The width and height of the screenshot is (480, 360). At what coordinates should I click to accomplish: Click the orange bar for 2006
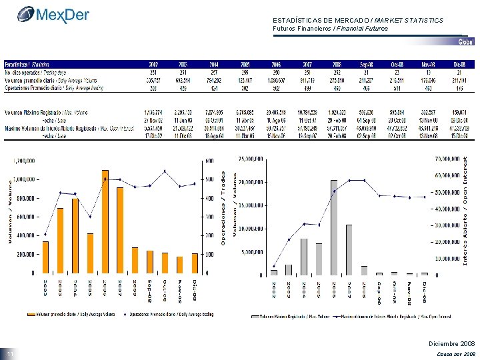click(x=105, y=221)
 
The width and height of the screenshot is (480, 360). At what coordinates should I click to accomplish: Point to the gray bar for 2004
click(x=303, y=257)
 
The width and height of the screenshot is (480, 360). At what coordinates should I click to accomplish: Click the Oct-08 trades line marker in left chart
click(x=165, y=171)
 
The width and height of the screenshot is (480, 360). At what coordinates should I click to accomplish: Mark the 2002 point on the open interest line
click(x=273, y=266)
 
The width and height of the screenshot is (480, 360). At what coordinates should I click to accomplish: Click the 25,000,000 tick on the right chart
click(x=251, y=159)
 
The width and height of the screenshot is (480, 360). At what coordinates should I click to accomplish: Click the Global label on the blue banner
click(x=465, y=42)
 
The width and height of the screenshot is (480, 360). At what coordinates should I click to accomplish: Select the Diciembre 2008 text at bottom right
click(x=451, y=343)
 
